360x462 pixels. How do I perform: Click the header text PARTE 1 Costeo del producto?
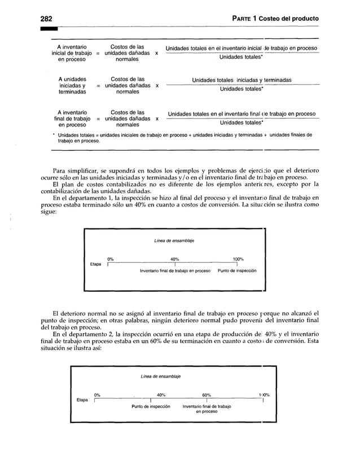[275, 19]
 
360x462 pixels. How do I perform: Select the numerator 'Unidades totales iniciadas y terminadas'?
[242, 80]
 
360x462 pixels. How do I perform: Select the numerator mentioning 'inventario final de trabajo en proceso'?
[242, 113]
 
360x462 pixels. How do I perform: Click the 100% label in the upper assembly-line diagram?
[238, 259]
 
